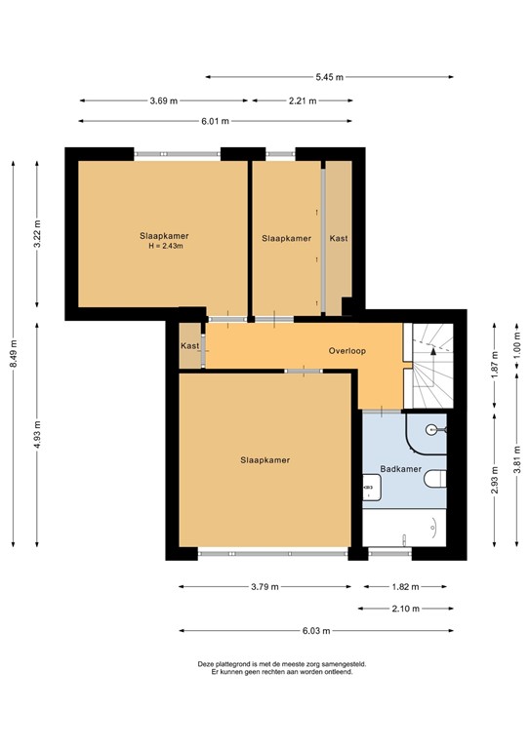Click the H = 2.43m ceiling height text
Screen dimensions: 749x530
click(164, 247)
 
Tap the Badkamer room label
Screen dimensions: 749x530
click(400, 469)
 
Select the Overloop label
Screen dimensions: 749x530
click(347, 351)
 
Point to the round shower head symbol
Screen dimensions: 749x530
click(430, 428)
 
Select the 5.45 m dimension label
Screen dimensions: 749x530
click(329, 77)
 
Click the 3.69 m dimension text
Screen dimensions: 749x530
click(164, 99)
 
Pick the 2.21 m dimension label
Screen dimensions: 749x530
click(303, 99)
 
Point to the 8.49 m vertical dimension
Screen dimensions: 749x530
click(14, 349)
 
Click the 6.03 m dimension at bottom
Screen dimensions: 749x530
click(316, 630)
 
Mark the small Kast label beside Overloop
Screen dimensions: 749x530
click(190, 346)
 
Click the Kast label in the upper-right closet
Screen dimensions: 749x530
click(339, 238)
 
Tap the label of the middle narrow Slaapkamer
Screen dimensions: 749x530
click(286, 238)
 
